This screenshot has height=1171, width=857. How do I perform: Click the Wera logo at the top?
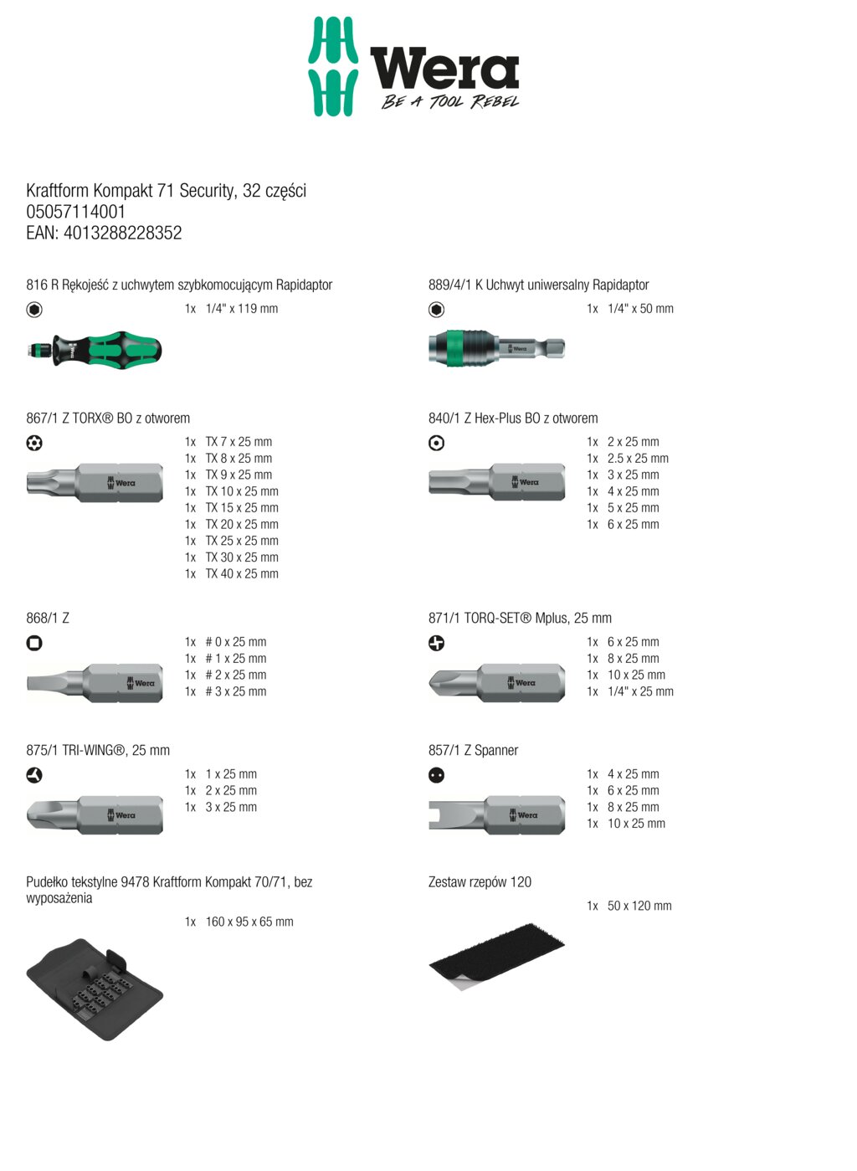413,66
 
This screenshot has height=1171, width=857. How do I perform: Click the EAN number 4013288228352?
123,233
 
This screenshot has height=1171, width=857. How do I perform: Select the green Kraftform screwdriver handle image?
94,350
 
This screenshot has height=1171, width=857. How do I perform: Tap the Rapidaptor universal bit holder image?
496,348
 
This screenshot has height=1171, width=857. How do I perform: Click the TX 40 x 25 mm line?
232,573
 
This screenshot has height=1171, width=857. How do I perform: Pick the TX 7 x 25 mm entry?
228,442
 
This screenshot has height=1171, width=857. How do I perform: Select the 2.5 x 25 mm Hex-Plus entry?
628,459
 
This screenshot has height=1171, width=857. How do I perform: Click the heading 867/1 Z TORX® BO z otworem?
108,419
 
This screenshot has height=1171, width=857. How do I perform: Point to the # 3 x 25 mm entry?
226,691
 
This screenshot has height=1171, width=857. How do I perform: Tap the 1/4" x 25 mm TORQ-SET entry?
630,691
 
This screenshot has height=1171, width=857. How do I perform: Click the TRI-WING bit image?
95,814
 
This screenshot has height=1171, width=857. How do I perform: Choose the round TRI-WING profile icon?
34,775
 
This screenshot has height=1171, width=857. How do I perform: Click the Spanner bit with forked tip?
496,814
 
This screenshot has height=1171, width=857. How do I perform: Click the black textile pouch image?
95,989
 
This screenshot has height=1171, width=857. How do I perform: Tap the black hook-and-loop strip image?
496,956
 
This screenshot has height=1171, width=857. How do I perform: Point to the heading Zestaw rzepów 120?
480,882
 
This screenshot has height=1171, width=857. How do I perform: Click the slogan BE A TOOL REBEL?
450,101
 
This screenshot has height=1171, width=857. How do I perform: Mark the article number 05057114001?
76,212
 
